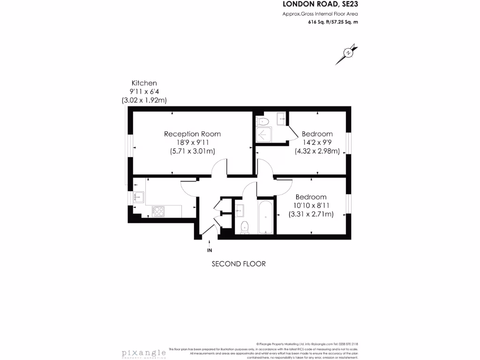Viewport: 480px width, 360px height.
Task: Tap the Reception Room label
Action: (x=192, y=134)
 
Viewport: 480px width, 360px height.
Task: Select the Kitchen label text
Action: (x=144, y=83)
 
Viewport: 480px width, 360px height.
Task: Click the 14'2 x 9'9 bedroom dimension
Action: (x=317, y=142)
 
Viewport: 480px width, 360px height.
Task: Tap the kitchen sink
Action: (x=139, y=197)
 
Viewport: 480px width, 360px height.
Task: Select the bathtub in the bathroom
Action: (x=265, y=217)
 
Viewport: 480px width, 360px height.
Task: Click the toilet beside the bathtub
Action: (x=244, y=227)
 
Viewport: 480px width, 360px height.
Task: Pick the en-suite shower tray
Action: (x=263, y=135)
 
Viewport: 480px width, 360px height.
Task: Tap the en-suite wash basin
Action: (x=282, y=119)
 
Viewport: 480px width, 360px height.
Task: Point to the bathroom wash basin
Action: (x=240, y=210)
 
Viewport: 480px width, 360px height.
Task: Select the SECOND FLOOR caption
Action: (x=239, y=264)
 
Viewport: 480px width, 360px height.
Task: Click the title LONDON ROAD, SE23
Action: (x=322, y=4)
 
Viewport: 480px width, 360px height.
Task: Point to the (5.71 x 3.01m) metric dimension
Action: (x=192, y=151)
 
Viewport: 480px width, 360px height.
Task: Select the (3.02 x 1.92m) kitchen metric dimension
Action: (x=144, y=100)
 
